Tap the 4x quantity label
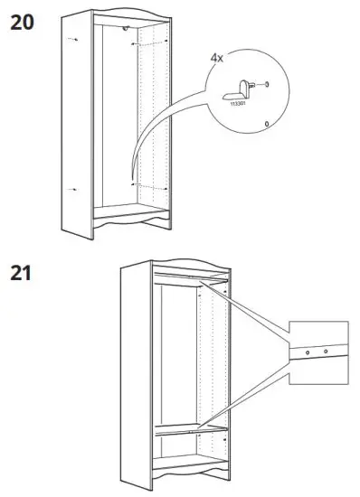coord(217,57)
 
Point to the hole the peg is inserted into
coord(268,84)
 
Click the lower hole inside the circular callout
coord(265,122)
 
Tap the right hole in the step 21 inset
coord(326,352)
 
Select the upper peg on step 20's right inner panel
coord(133,42)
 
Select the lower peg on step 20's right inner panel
coord(134,183)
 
